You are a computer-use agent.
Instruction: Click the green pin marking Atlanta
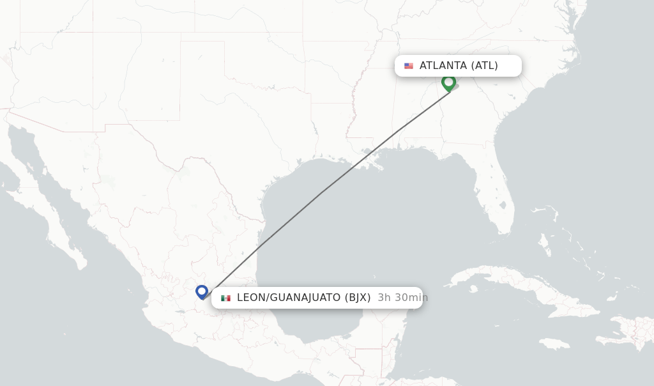(448, 82)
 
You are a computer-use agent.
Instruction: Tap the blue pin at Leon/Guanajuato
(202, 291)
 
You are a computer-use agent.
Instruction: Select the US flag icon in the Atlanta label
(409, 66)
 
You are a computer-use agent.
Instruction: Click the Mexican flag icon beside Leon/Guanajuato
(225, 298)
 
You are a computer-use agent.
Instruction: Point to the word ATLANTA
(443, 65)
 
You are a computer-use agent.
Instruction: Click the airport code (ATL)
(484, 65)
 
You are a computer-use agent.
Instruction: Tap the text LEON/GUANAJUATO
(289, 297)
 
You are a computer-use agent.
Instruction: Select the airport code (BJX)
(358, 297)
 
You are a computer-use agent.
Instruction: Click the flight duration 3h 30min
(402, 297)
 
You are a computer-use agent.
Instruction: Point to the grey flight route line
(319, 194)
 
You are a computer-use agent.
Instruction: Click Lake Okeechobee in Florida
(503, 206)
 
